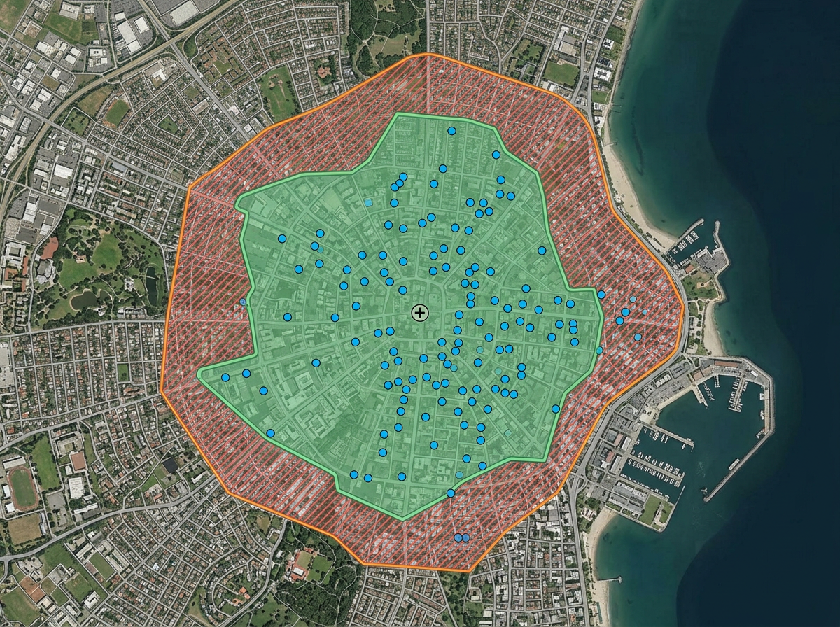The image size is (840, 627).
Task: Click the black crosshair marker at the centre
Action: coord(419,313)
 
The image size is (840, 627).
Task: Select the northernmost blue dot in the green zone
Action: coord(451,131)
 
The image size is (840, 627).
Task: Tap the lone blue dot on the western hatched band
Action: coord(243,302)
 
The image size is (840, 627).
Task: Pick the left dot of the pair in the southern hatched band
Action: coord(458,537)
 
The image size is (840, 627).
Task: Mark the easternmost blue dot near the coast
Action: coord(638,337)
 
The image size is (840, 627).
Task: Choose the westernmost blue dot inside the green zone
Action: coord(225,377)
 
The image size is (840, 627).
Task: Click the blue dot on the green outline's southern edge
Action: coord(451,493)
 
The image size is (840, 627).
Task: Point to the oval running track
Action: coord(23,488)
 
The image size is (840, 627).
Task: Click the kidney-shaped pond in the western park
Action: coord(83,300)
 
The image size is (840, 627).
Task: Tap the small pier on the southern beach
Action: coord(610,579)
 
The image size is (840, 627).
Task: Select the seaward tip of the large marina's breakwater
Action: coord(707,499)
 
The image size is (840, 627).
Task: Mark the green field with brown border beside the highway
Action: coord(116,112)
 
